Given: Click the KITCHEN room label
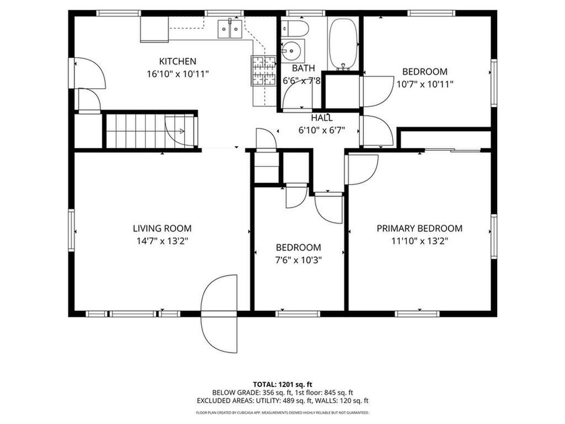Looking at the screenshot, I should point(178,61).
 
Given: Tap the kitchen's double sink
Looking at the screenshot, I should point(229,30).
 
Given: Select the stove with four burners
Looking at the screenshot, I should point(264,70).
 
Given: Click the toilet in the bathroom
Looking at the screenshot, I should point(294,28).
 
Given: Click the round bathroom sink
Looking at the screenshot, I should point(292,50).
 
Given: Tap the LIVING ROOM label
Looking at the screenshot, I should point(162,228).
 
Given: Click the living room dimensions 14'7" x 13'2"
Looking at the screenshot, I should point(162,240).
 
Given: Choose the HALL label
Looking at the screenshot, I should point(322,118).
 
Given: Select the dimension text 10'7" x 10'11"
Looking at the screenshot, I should point(424,84).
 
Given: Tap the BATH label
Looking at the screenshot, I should point(303,69).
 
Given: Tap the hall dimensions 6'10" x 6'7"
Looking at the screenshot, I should point(322,131).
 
